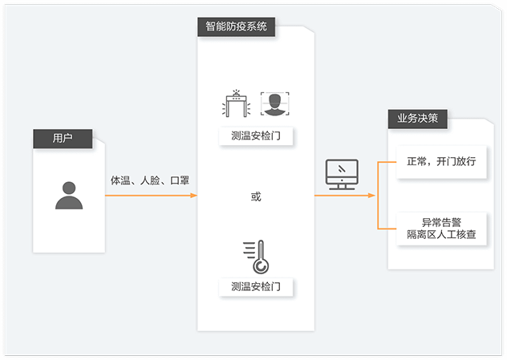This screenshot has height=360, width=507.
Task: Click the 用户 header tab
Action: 63,138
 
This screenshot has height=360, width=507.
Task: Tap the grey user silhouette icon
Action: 69,195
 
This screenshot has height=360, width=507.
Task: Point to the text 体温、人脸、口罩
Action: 150,180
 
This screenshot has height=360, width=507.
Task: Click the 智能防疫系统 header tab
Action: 236,26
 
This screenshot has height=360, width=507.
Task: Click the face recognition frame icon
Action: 274,103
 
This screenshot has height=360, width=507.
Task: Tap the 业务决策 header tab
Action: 417,119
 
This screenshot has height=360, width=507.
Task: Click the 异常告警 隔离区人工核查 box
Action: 442,229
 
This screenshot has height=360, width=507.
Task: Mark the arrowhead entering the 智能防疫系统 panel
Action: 194,196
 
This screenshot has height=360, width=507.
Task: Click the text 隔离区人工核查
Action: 442,235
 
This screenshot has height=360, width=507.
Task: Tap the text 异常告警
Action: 442,221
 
